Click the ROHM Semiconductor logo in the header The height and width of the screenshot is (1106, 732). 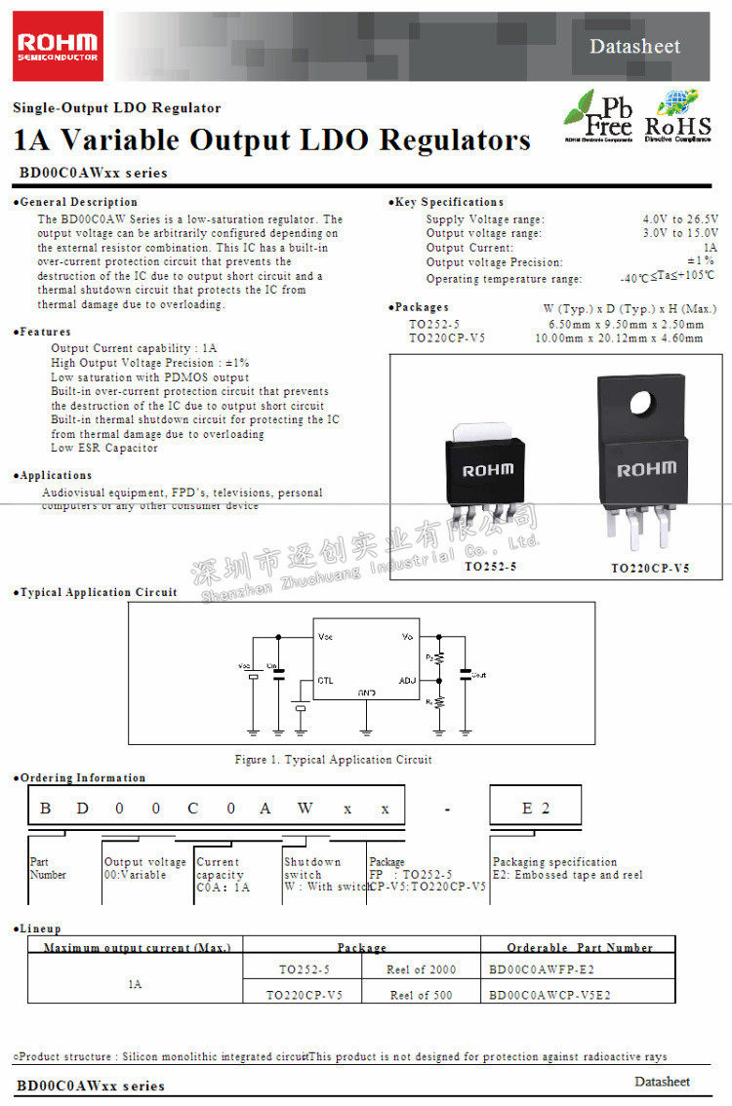pyautogui.click(x=59, y=45)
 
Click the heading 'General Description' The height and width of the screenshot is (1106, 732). pyautogui.click(x=65, y=202)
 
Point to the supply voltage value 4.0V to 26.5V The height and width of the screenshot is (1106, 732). pyautogui.click(x=680, y=219)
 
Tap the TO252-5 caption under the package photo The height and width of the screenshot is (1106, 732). pyautogui.click(x=490, y=567)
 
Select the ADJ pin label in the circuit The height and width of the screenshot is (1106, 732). pyautogui.click(x=408, y=679)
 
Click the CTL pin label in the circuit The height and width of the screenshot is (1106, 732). pyautogui.click(x=325, y=680)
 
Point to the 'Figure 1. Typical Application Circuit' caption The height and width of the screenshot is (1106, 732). pyautogui.click(x=333, y=760)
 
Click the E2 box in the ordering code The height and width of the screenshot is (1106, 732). pyautogui.click(x=536, y=809)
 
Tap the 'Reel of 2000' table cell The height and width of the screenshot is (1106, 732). pyautogui.click(x=423, y=968)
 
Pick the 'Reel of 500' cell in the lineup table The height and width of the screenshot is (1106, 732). pyautogui.click(x=422, y=995)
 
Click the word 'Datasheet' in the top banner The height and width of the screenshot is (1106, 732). pyautogui.click(x=634, y=46)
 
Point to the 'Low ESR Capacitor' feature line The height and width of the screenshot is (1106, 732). pyautogui.click(x=104, y=448)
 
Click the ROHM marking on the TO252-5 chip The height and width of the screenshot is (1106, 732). pyautogui.click(x=487, y=470)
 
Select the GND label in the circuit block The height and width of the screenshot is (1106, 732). pyautogui.click(x=366, y=692)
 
